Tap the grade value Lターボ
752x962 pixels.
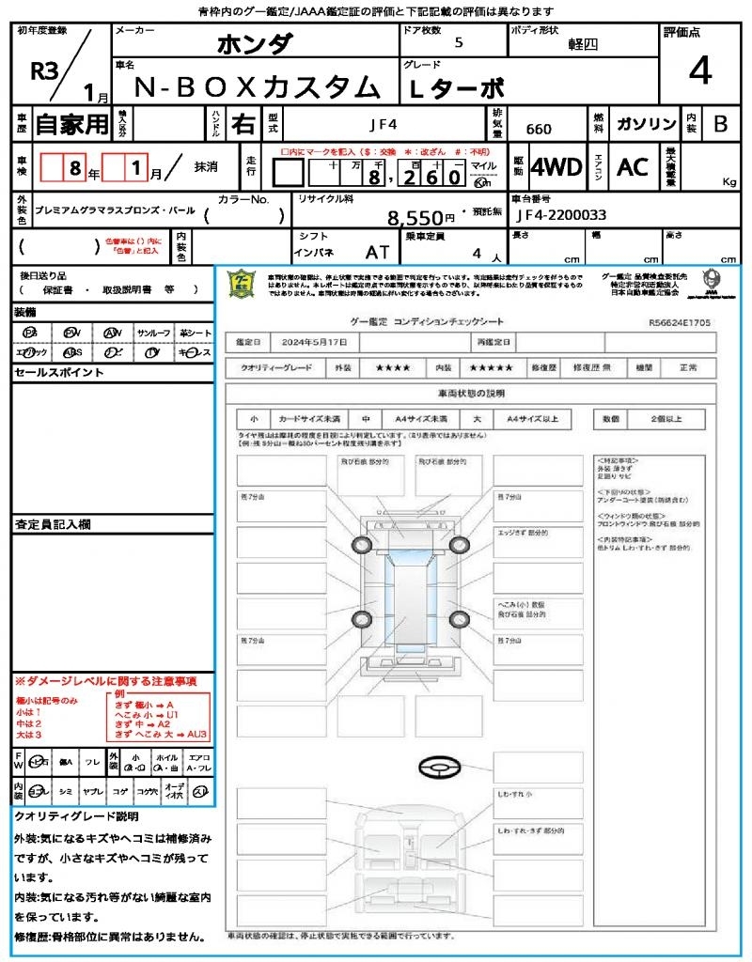point(458,87)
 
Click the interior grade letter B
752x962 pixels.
point(720,124)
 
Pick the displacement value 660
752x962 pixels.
point(539,130)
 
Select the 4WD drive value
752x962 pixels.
point(556,167)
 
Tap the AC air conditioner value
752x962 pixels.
point(633,167)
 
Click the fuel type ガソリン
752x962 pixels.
point(646,124)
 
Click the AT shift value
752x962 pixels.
point(378,253)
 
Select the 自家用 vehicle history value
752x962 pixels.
point(72,124)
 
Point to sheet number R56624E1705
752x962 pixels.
point(680,322)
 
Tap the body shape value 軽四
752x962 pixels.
point(583,44)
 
